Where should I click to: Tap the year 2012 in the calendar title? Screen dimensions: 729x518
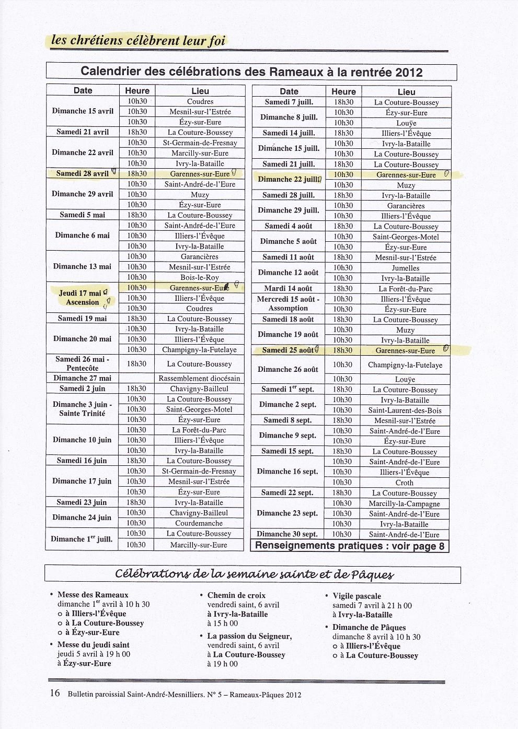coord(409,72)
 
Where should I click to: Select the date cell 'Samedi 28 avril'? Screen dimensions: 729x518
coord(83,173)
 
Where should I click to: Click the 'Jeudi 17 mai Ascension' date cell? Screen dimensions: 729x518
coord(83,298)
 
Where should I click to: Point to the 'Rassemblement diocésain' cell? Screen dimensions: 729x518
coord(199,378)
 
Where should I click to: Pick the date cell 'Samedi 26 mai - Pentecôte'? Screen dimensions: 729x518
coord(83,363)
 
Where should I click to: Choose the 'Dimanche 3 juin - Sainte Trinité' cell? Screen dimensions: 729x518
coord(83,409)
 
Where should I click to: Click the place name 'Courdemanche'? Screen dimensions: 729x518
coord(199,523)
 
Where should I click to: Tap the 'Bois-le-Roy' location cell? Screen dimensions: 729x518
coord(199,277)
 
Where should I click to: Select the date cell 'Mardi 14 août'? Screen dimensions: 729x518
coord(289,288)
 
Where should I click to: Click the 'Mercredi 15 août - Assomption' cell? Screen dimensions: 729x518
coord(289,303)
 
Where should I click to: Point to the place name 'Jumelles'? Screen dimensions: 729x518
coord(406,268)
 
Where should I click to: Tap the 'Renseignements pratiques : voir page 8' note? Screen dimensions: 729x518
coord(350,546)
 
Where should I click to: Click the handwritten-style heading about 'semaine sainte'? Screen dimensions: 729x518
coord(253,574)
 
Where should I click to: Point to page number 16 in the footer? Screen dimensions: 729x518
coord(54,693)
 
